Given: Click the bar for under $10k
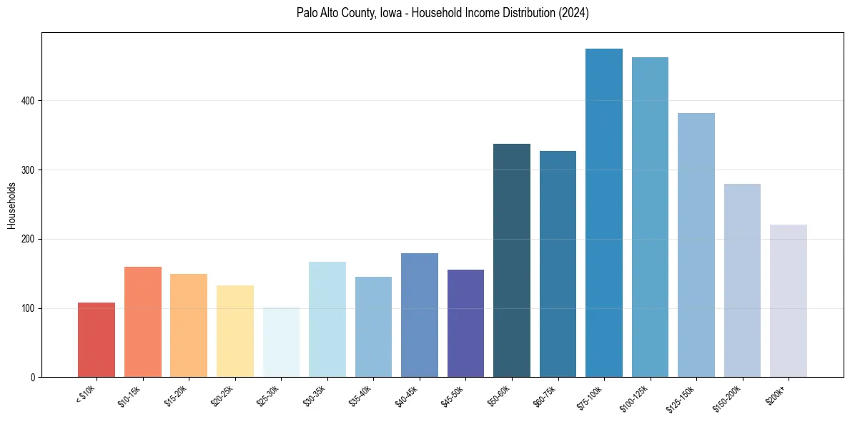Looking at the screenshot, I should click(x=97, y=340).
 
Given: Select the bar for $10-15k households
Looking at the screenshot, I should click(x=143, y=322).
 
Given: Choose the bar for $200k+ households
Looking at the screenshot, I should click(x=789, y=301).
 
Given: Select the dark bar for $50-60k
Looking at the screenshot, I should click(x=512, y=260).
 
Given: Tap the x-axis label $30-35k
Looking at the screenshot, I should click(x=313, y=396).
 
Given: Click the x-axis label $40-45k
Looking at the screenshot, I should click(x=405, y=396).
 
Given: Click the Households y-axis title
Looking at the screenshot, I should click(x=11, y=205).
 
